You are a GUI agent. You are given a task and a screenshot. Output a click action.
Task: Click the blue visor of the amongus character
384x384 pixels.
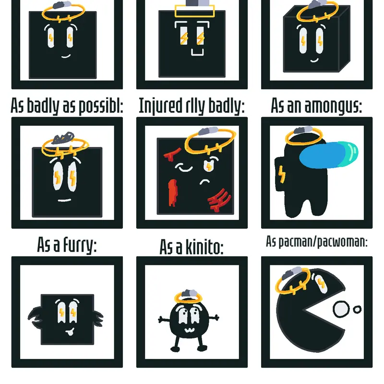pyautogui.click(x=328, y=155)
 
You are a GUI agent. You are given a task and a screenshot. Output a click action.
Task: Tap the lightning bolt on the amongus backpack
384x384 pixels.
pyautogui.click(x=282, y=174)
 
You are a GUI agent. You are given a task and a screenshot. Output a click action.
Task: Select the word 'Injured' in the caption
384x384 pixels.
pyautogui.click(x=161, y=106)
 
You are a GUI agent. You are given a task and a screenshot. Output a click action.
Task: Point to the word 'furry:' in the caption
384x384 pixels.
pyautogui.click(x=80, y=245)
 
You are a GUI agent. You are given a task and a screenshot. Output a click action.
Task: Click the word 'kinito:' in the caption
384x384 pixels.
pyautogui.click(x=204, y=247)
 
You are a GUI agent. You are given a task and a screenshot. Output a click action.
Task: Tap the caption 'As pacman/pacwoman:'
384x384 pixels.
pyautogui.click(x=317, y=242)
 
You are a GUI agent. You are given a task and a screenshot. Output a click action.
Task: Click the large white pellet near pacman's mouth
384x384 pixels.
pyautogui.click(x=341, y=309)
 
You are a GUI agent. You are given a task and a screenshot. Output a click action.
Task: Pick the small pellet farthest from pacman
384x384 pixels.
pyautogui.click(x=357, y=310)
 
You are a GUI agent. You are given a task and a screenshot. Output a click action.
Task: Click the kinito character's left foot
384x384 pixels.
pyautogui.click(x=175, y=348)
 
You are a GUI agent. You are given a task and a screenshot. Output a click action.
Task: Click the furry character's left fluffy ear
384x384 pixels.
pyautogui.click(x=34, y=317)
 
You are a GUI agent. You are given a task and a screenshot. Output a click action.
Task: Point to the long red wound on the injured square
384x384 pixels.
pyautogui.click(x=173, y=193)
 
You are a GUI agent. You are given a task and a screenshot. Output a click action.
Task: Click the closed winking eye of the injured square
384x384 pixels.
pyautogui.click(x=184, y=168)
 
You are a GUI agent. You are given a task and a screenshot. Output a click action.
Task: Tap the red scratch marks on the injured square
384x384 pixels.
pyautogui.click(x=219, y=200)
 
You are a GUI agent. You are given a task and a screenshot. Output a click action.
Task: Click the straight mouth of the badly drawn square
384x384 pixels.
pyautogui.click(x=64, y=200)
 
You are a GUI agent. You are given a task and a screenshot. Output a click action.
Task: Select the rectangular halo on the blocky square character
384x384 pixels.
pyautogui.click(x=195, y=11)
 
